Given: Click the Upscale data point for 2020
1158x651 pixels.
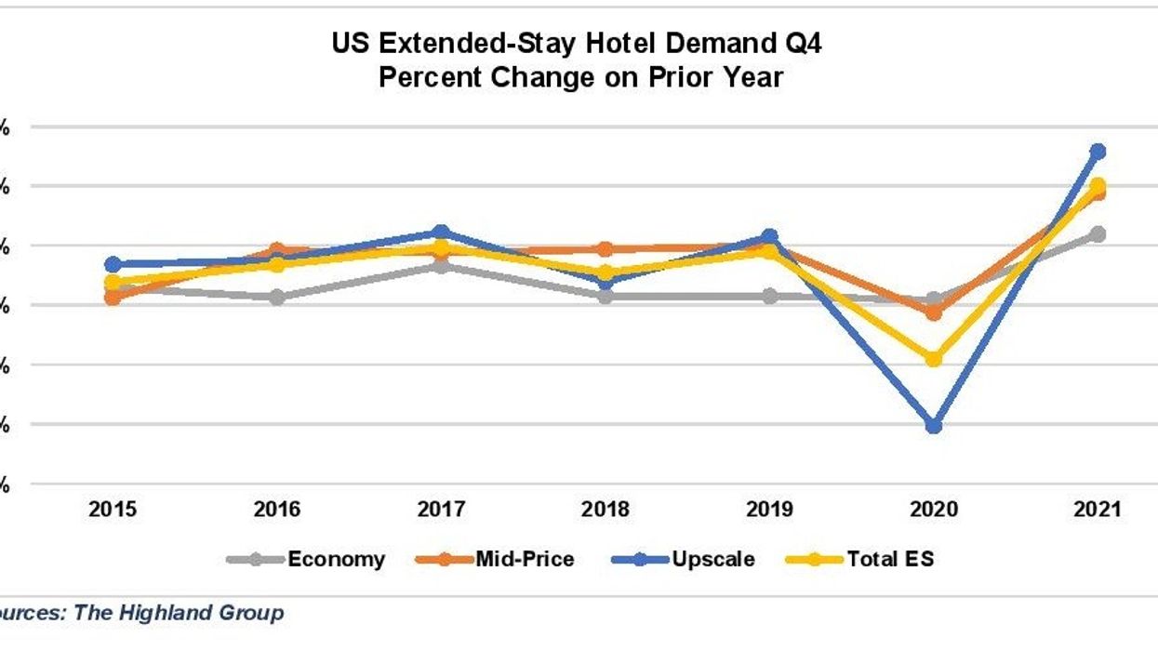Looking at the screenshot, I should (934, 426).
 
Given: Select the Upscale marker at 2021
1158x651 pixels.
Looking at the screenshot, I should (1098, 151).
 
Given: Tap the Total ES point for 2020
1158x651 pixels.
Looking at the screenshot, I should (934, 359).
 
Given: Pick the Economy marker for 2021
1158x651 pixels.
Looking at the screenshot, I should (1098, 233).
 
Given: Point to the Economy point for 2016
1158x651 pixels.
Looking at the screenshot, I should (277, 298).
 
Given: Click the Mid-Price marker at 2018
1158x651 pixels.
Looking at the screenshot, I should (605, 249).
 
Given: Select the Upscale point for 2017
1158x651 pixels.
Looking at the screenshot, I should (441, 232).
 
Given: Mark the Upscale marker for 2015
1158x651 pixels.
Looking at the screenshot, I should (113, 264).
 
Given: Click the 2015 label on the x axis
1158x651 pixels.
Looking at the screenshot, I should (113, 509).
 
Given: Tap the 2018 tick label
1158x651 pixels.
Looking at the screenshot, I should (605, 509).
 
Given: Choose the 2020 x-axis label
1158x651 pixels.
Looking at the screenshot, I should (934, 509).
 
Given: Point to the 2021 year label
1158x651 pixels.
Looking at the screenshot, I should (1098, 509).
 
